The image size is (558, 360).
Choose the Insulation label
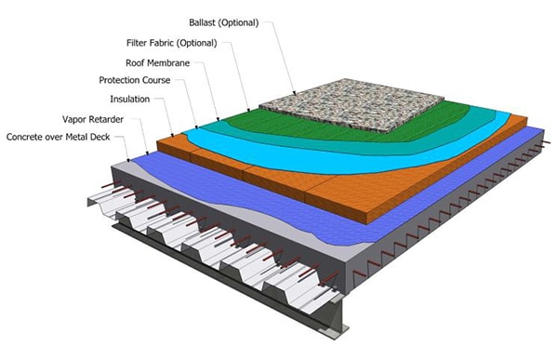click(x=129, y=99)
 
